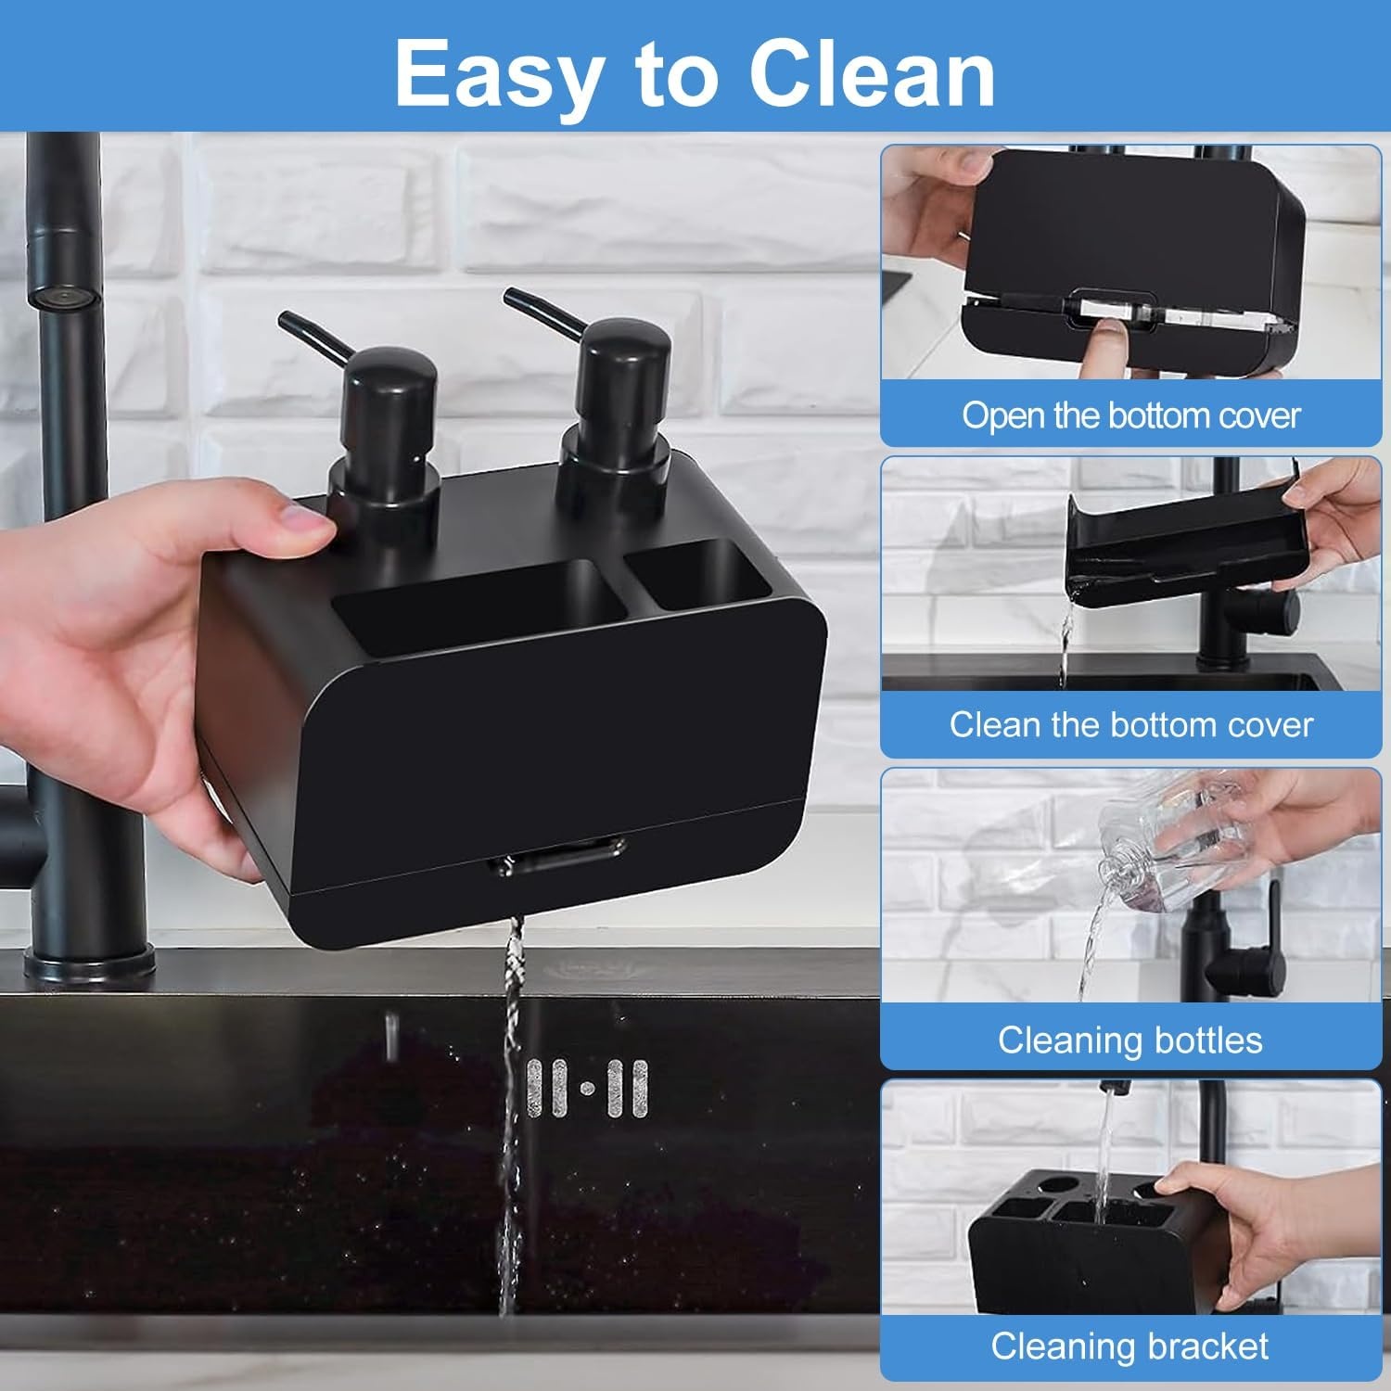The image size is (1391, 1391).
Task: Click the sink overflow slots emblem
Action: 587,1088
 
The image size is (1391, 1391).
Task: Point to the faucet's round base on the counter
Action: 88,964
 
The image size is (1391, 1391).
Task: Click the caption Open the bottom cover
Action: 1130,415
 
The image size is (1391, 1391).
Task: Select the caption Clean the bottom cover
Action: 1130,724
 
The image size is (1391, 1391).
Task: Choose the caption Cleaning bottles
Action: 1130,1040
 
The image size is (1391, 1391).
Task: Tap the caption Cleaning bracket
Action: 1130,1346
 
